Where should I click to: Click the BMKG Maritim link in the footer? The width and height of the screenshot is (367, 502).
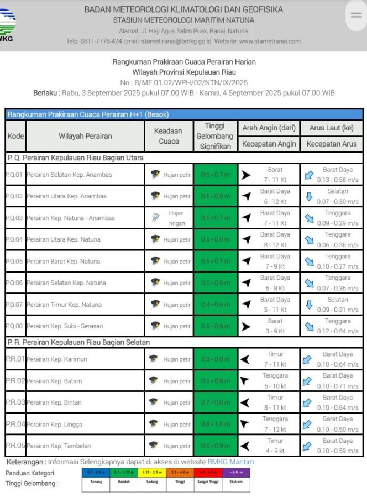pos(230,462)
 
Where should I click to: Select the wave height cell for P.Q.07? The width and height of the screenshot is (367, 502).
pos(216,305)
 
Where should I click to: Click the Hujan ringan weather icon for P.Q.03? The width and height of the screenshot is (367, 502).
pos(155,218)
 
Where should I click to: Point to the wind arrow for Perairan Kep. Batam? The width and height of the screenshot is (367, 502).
pos(245,381)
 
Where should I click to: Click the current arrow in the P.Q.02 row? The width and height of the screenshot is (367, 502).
pos(309,196)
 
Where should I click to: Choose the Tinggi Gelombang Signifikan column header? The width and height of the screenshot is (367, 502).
pos(216,136)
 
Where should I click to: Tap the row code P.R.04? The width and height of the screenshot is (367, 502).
pos(15,424)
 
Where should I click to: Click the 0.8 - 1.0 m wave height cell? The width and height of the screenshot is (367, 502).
pos(216,424)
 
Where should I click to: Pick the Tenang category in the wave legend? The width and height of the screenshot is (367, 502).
pos(96,482)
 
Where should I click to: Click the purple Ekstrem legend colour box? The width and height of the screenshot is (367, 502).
pos(236,473)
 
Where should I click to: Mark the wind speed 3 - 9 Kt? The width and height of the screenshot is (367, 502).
pos(275,331)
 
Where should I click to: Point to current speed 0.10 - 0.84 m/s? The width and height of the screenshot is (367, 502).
pos(338,407)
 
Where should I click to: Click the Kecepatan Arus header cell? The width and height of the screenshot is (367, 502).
pos(332,144)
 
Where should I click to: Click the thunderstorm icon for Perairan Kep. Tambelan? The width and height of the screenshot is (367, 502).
pos(154,446)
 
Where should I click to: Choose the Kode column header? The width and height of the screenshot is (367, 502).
pos(15,136)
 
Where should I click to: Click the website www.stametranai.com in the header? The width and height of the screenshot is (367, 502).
pos(270,41)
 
